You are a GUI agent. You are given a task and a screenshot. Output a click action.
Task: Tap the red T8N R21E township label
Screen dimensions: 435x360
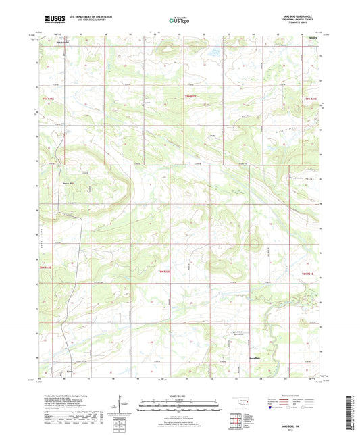[307, 273]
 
